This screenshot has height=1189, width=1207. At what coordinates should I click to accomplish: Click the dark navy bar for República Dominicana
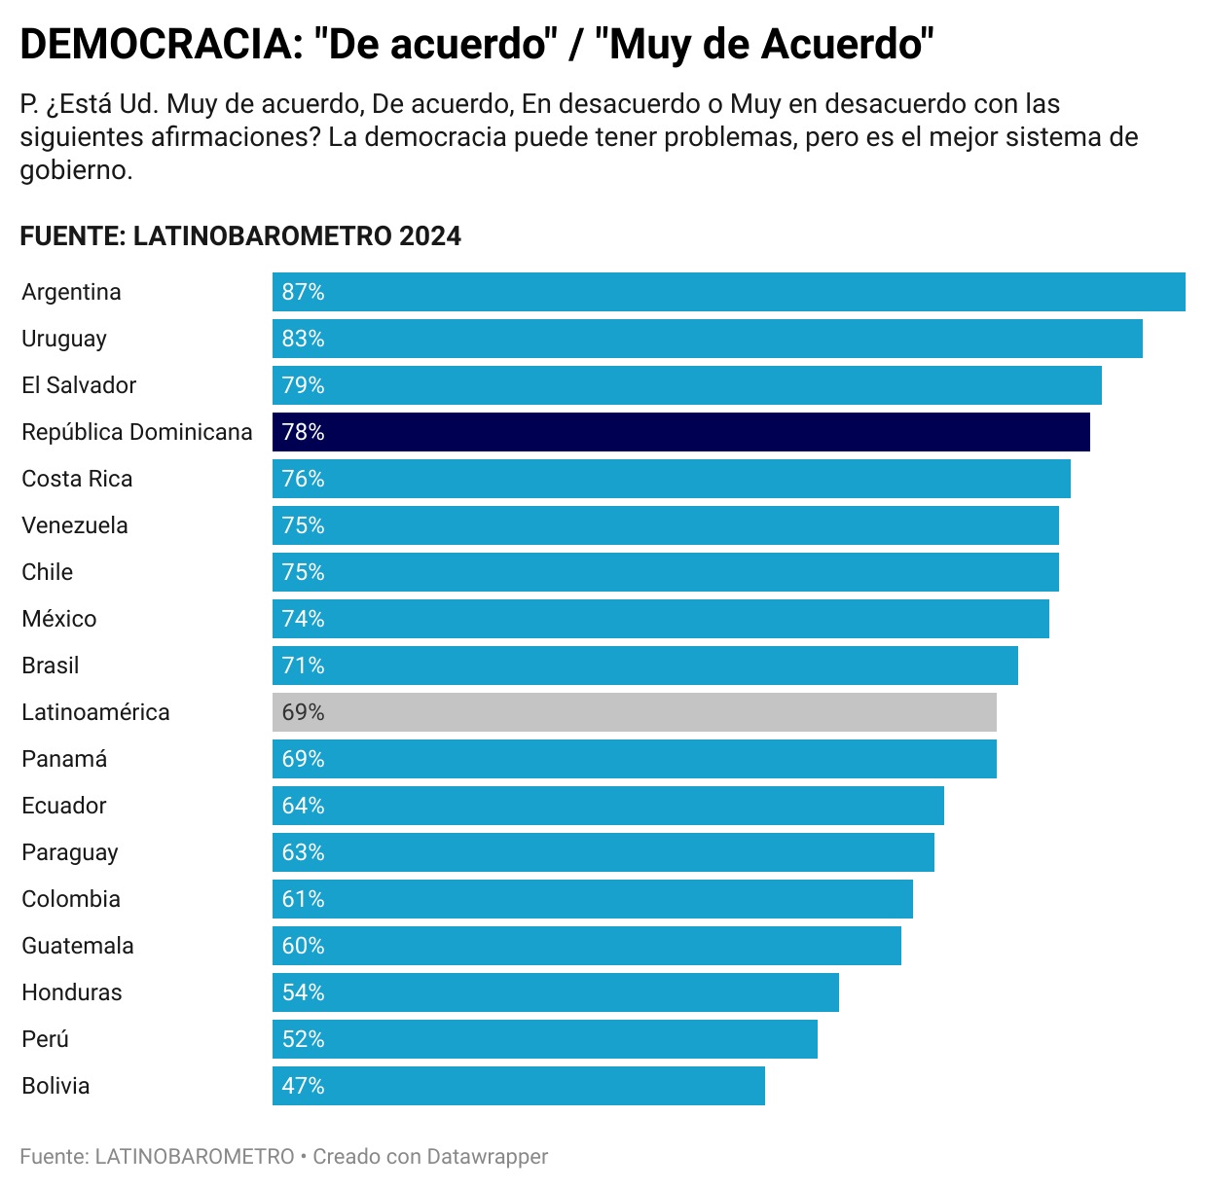click(681, 432)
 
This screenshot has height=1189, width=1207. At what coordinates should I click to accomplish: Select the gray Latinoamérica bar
click(635, 712)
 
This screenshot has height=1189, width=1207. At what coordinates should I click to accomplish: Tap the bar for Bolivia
click(519, 1086)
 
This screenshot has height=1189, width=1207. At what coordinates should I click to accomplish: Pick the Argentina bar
click(729, 292)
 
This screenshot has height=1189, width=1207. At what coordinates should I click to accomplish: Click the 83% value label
click(303, 339)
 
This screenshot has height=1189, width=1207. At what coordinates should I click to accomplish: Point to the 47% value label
click(303, 1086)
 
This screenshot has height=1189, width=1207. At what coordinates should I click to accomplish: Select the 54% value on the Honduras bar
click(303, 992)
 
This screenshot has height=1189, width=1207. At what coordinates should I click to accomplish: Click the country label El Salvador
click(79, 385)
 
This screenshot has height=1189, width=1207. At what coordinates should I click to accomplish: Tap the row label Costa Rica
click(77, 479)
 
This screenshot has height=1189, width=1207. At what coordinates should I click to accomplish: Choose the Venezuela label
click(75, 525)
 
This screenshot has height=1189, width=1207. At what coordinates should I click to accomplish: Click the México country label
click(59, 619)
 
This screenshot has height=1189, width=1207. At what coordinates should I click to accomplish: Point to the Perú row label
click(46, 1039)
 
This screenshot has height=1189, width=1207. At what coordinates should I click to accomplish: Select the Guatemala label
click(78, 946)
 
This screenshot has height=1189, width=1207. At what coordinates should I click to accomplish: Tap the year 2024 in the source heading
click(429, 236)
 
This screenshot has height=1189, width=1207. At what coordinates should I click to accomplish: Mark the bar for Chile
click(666, 572)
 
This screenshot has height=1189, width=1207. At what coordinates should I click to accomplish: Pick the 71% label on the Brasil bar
click(303, 666)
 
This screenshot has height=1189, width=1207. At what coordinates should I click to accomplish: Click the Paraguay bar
click(603, 852)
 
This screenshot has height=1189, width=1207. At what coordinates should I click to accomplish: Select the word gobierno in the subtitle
click(76, 170)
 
